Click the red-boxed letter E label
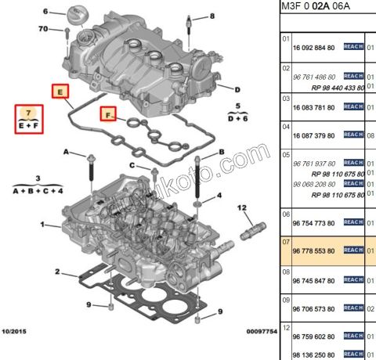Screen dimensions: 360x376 click(x=59, y=92)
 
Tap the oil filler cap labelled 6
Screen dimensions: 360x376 click(x=77, y=15)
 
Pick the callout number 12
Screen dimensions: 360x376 click(x=242, y=207)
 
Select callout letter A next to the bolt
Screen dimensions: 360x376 click(x=67, y=151)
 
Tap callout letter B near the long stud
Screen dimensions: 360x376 click(x=222, y=151)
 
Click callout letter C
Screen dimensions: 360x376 click(x=132, y=166)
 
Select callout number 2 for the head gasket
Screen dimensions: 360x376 click(x=56, y=272)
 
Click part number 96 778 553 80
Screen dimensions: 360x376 click(x=313, y=250)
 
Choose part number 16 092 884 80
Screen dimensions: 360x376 click(x=313, y=47)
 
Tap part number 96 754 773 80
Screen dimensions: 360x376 click(x=313, y=223)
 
